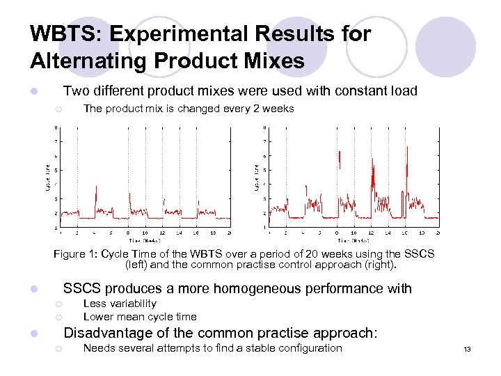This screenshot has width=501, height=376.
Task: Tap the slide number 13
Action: [468, 349]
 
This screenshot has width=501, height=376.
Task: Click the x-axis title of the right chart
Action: [353, 239]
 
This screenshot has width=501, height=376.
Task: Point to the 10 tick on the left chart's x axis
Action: [145, 233]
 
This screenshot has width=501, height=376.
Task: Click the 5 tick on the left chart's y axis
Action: [56, 171]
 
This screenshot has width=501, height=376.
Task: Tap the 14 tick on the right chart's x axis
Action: [388, 233]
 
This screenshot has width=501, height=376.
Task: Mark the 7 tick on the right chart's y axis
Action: [264, 141]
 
